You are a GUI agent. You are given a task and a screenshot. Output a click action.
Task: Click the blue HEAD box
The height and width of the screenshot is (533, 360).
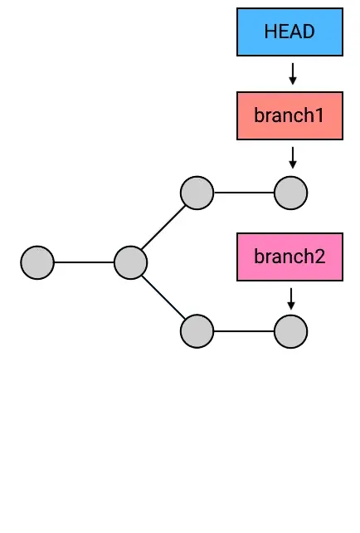289,32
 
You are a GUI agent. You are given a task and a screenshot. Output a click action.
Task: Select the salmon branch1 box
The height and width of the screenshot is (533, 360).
289,115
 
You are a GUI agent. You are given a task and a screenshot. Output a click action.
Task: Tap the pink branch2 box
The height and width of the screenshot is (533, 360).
289,257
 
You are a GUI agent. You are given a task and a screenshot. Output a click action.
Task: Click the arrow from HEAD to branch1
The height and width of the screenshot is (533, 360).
292,73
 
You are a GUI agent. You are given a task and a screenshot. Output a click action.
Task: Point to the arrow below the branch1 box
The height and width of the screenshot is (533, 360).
292,157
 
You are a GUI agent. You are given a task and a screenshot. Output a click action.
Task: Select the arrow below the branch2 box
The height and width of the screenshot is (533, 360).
291,299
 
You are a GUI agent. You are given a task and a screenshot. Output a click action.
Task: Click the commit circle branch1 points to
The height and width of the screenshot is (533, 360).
290,193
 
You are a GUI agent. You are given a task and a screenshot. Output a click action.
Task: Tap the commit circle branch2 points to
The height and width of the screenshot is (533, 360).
290,331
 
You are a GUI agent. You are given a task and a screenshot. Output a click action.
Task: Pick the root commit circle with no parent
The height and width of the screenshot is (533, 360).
37,262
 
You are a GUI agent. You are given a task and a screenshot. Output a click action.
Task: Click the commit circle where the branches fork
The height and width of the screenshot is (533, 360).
130,262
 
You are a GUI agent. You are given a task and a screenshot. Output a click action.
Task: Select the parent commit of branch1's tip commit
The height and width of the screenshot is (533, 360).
197,193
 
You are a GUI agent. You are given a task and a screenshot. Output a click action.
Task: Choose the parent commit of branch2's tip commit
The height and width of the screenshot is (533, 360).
197,331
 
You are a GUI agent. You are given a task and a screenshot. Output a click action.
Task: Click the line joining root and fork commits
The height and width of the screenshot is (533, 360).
84,262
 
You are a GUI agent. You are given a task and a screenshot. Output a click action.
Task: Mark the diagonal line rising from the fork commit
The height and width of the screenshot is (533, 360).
163,227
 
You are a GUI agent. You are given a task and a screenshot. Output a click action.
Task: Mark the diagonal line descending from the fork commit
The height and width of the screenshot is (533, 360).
163,297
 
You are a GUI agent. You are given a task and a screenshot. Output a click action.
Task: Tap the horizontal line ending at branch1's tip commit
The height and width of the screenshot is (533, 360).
244,193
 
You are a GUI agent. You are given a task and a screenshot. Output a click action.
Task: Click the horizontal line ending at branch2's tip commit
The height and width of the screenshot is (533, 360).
244,331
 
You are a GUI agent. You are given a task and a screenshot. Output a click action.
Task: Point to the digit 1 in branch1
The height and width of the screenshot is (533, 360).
319,115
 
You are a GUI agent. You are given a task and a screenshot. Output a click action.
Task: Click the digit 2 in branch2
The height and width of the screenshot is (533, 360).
319,257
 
